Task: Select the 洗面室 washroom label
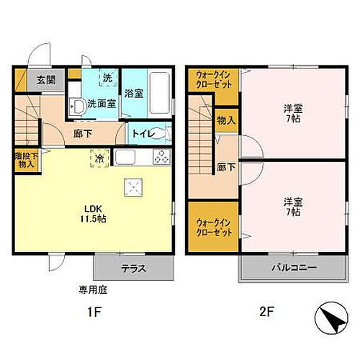[x=101, y=104]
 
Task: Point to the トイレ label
[x=141, y=134]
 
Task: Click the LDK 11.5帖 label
[x=94, y=212]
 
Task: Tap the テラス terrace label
[x=133, y=268]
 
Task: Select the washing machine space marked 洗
[x=107, y=78]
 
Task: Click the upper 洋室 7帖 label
[x=294, y=113]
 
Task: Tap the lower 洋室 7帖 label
[x=294, y=207]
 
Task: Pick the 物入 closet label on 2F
[x=226, y=120]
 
